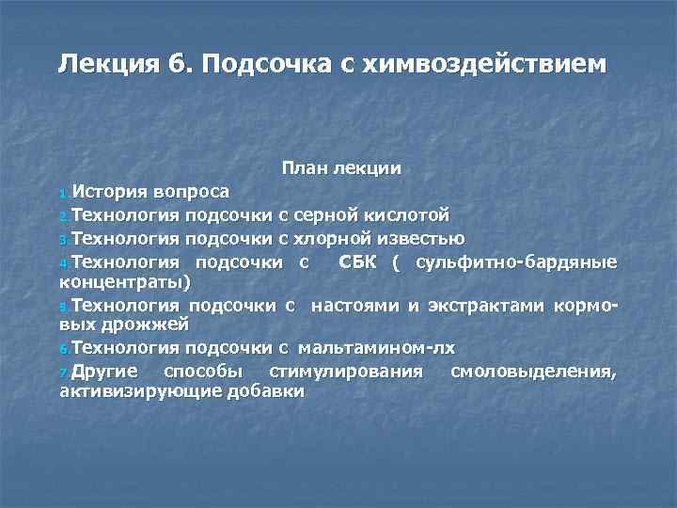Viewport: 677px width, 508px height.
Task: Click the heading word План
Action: tap(301, 168)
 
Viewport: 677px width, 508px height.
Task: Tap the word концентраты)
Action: tap(125, 281)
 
